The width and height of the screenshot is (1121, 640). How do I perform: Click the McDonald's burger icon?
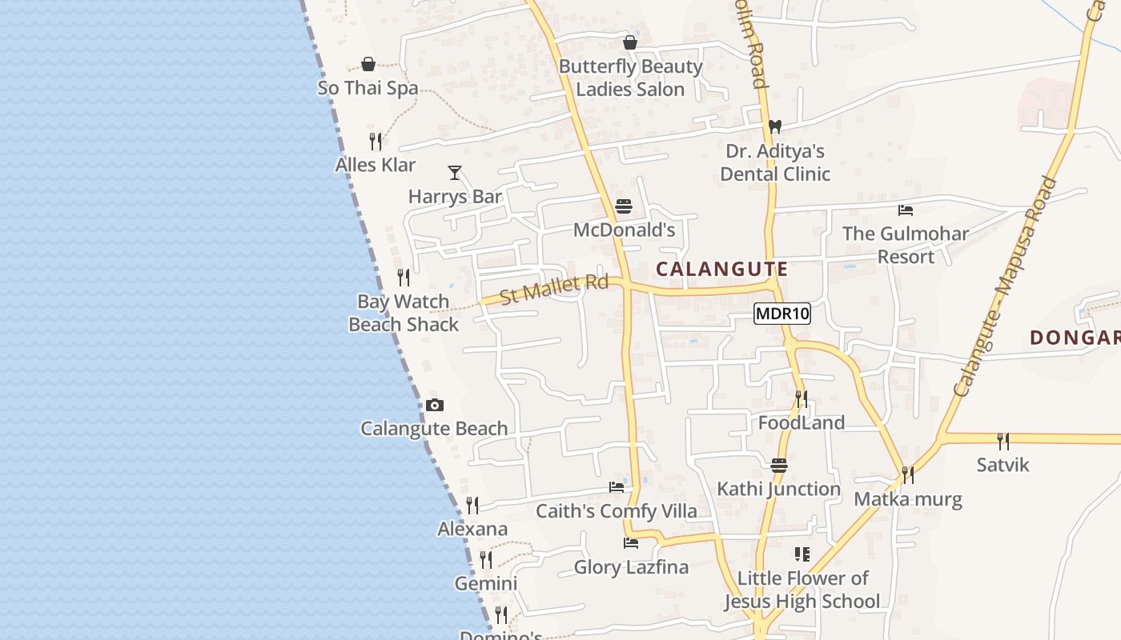coord(624,207)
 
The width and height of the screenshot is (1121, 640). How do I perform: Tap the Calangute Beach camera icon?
coord(435,405)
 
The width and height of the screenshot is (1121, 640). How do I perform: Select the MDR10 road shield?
coord(782,314)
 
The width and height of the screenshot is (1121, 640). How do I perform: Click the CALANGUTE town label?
coord(722,270)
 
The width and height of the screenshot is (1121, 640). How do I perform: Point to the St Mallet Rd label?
coord(554,289)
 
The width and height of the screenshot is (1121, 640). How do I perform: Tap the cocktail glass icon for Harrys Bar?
coord(455,172)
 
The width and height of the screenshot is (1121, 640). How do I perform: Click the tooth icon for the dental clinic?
coord(774,126)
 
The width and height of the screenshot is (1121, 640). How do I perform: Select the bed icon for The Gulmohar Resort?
coord(906,210)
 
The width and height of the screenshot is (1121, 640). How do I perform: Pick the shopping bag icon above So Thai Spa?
coord(368,64)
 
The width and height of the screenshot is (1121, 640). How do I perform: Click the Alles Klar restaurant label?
coord(376,165)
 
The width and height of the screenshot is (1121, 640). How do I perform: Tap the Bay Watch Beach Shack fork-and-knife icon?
coord(404,278)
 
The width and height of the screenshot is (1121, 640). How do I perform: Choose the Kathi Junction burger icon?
coord(779,466)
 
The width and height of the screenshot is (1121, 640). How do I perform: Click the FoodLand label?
coord(802,422)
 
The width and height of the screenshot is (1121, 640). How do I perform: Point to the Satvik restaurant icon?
coord(1002,441)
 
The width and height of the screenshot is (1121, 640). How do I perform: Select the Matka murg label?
coord(908,499)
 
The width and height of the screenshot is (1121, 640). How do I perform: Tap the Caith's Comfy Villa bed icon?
coord(617,486)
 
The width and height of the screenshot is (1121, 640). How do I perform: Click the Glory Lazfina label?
coord(631,567)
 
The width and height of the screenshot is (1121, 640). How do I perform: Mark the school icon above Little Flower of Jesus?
coord(802,554)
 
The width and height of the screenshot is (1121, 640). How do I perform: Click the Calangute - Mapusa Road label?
coord(1007,286)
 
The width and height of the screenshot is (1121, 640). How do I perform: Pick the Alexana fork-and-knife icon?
coord(472,505)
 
